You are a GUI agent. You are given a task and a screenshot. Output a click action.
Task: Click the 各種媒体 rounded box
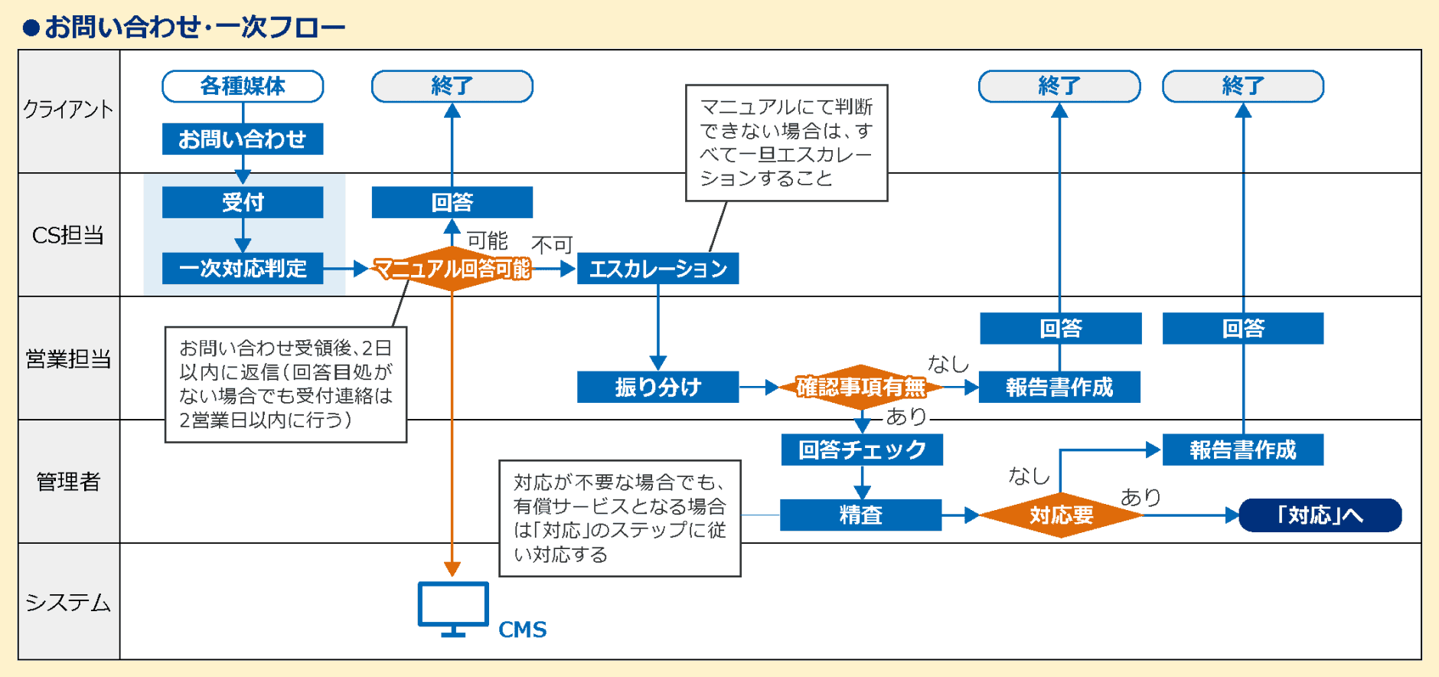point(243,86)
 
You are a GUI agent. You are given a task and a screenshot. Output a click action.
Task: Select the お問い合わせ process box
point(243,139)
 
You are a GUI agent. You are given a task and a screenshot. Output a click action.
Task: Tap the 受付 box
point(243,202)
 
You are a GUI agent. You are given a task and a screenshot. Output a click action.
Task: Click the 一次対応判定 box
point(243,268)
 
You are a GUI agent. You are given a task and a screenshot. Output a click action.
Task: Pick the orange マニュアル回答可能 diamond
point(452,268)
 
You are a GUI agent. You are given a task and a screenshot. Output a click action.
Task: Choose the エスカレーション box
point(658,268)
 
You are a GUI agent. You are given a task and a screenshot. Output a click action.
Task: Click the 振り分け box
point(658,387)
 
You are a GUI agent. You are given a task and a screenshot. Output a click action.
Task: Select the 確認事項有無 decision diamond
point(861,387)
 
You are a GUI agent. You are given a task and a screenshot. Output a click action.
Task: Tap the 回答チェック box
point(862,450)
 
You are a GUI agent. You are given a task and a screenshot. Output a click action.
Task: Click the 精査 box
point(861,515)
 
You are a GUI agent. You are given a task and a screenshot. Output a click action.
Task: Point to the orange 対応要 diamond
point(1061,515)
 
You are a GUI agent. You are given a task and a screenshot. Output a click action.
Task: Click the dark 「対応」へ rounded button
point(1320,515)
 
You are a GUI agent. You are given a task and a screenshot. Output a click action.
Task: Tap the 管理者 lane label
point(69,481)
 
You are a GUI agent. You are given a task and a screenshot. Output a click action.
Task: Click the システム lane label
point(69,602)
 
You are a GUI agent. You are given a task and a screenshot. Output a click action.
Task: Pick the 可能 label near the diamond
point(487,240)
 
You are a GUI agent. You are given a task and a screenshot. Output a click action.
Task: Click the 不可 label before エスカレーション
point(552,244)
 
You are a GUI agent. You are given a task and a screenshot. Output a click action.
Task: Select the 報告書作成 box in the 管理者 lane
point(1242,450)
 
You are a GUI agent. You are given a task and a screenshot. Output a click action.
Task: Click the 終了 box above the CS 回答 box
point(452,86)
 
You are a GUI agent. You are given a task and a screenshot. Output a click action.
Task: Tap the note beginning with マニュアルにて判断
point(786,143)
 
